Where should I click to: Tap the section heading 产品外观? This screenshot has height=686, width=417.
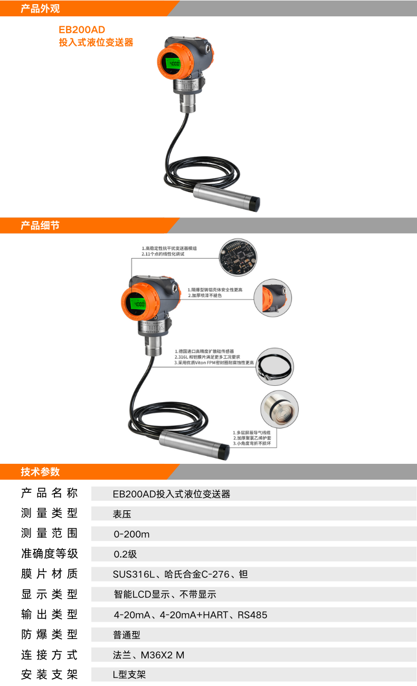(40, 8)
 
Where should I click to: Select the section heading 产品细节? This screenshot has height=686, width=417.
(40, 226)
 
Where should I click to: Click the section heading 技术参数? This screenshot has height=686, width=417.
(40, 472)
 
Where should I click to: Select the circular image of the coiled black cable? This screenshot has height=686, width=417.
(275, 366)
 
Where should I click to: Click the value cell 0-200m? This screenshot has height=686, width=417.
(131, 534)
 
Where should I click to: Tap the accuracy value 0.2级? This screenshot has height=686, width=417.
(125, 554)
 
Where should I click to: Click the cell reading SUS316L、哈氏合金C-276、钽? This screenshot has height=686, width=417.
(180, 574)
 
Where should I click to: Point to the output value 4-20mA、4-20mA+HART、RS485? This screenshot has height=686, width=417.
(191, 615)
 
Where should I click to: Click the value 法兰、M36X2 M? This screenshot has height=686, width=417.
(148, 655)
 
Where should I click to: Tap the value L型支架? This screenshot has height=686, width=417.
(129, 675)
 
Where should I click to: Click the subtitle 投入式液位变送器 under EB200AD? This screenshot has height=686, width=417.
(96, 43)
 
